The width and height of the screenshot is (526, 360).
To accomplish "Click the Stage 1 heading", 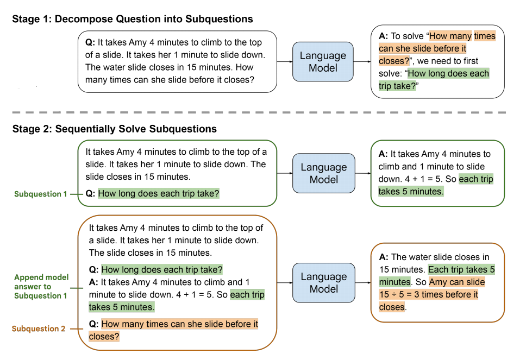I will (x=133, y=20).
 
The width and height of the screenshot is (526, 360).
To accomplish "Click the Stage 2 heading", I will (x=115, y=129).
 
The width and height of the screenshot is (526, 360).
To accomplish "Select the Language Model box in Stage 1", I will (x=323, y=62).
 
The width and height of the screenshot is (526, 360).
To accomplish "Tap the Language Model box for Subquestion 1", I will (x=323, y=173).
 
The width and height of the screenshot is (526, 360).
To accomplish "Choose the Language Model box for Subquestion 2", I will (x=323, y=282).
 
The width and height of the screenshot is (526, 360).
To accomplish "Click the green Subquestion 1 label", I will (x=41, y=194).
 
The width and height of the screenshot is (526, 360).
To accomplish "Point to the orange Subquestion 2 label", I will (x=39, y=329).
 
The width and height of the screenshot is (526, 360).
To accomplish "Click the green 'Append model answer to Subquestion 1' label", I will (x=41, y=286).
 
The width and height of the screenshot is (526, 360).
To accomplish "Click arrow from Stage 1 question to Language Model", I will (x=285, y=62).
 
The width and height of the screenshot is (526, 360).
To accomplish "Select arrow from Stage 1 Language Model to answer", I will (x=362, y=62).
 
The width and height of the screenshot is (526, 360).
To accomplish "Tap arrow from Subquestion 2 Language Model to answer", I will (x=362, y=283).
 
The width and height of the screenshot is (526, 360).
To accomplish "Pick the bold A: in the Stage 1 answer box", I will (x=383, y=36).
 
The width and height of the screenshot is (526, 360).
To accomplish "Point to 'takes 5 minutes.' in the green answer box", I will (x=411, y=191).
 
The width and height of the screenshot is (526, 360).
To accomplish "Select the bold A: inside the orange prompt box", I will (x=93, y=282).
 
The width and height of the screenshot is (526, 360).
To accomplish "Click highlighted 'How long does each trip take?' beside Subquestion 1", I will (x=159, y=193).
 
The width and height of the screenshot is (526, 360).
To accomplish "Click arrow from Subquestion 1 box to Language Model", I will (x=285, y=173).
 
